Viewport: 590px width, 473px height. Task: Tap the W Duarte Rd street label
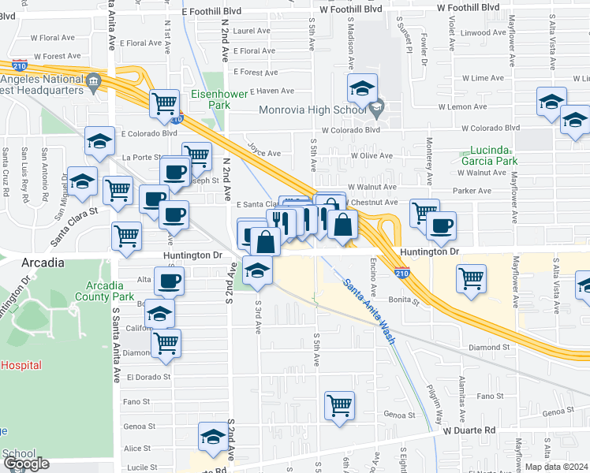(x=469, y=430)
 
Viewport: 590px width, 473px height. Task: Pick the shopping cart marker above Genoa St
(x=339, y=404)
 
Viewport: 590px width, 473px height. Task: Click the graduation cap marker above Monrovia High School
(x=362, y=87)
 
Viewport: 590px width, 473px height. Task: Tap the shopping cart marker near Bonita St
(x=471, y=277)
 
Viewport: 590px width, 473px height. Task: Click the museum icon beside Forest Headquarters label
(x=94, y=80)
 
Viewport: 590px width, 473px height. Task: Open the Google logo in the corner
(x=26, y=464)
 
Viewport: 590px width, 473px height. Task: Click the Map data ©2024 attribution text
(x=556, y=467)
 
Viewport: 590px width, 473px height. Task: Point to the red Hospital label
(x=21, y=365)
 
